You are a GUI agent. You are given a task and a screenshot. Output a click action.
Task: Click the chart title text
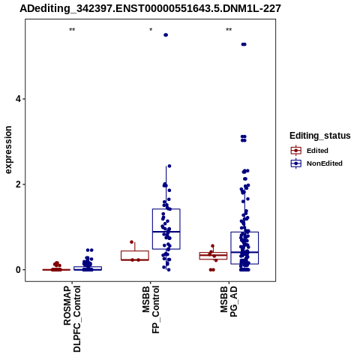150,9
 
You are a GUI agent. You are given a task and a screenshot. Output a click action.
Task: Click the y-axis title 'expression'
8,150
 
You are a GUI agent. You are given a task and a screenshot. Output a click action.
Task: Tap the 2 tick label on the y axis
17,184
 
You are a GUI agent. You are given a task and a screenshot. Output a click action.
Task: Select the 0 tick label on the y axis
17,270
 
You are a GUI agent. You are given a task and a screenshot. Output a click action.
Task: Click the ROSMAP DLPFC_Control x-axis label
72,319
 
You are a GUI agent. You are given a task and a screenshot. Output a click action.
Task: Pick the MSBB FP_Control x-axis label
151,310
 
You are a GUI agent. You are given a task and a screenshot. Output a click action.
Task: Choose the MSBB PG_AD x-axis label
229,301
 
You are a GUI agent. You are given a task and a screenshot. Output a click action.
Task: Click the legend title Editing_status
320,136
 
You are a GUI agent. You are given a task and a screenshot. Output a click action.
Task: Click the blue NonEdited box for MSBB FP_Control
166,229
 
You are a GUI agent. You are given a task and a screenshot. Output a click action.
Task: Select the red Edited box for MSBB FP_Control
135,256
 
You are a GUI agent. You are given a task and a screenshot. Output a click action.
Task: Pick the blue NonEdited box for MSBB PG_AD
244,248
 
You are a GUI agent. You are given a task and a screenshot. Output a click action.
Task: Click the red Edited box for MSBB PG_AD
213,256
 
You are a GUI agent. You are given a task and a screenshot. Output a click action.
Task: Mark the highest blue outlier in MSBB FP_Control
166,35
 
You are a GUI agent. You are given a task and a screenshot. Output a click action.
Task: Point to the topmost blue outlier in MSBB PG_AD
244,44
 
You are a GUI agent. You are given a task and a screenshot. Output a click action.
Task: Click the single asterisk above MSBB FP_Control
151,30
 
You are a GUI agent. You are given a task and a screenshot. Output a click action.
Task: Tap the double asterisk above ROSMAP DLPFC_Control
72,30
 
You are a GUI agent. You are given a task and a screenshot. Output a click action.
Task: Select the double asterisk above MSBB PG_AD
229,30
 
